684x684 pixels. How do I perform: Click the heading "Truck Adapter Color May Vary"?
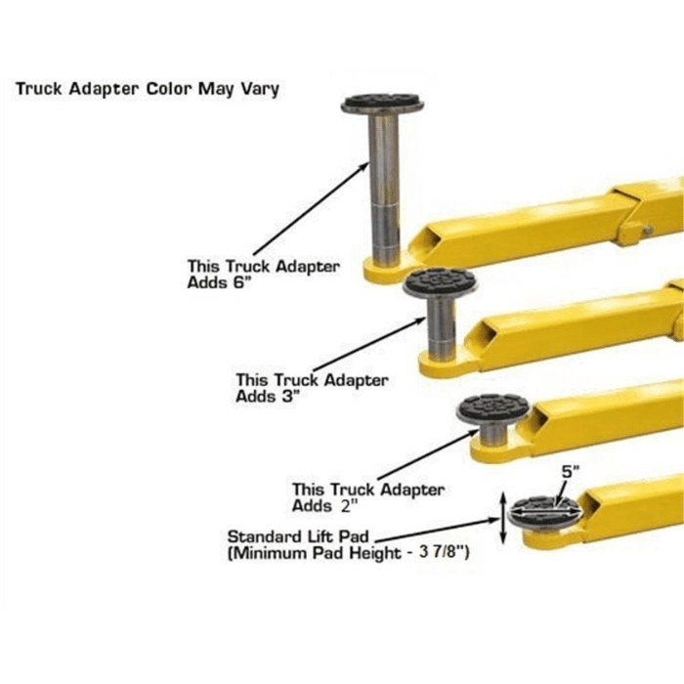(x=147, y=89)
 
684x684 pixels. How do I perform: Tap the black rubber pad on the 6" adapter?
(x=382, y=103)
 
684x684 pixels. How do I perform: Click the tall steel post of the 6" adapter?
(x=383, y=186)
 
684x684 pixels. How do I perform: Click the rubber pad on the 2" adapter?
(x=492, y=406)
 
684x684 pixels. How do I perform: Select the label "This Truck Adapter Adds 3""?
(x=311, y=388)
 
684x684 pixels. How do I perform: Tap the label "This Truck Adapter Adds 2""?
(x=367, y=497)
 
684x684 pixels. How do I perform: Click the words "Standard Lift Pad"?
(x=300, y=536)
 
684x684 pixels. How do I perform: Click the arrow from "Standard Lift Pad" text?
(x=440, y=529)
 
